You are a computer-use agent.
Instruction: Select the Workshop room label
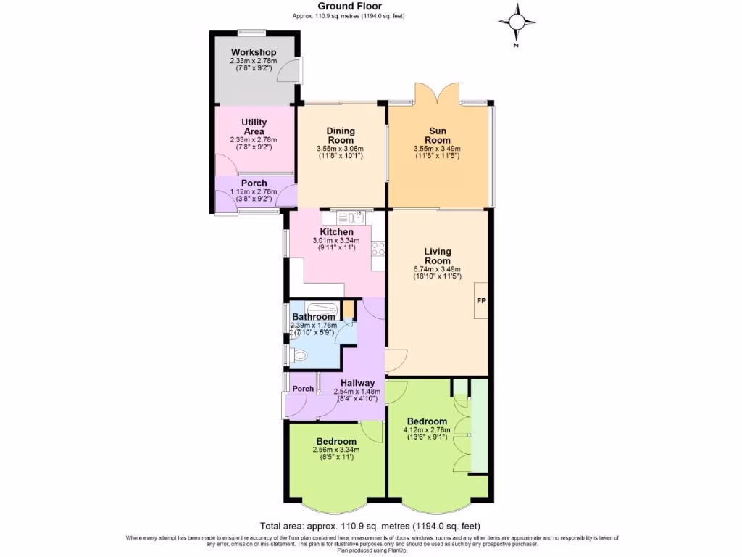click(x=254, y=53)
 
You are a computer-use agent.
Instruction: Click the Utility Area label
click(x=254, y=126)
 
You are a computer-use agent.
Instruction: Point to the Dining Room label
click(x=340, y=136)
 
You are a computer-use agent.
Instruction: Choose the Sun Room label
click(x=438, y=136)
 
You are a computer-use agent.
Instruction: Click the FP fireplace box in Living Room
click(x=480, y=300)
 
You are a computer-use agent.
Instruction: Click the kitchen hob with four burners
click(x=378, y=249)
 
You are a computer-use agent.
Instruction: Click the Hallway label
click(x=357, y=383)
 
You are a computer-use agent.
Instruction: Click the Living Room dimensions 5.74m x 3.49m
click(x=437, y=269)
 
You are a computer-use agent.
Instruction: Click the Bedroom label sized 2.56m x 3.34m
click(x=336, y=442)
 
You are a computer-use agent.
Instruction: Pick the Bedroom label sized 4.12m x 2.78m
click(x=427, y=421)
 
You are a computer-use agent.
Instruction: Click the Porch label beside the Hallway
click(x=303, y=389)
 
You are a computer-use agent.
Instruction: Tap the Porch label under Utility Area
click(x=254, y=183)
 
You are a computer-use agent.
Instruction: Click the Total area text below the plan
click(x=370, y=526)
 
